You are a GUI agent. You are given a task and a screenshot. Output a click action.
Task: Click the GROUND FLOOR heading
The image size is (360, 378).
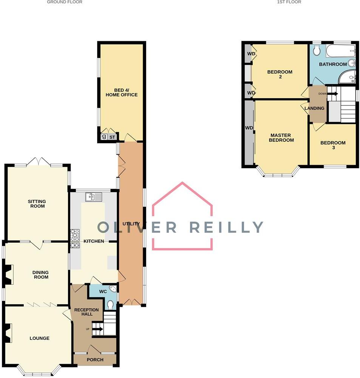click(x=65, y=2)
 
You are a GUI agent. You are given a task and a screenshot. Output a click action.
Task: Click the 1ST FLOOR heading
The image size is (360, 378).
click(x=289, y=2)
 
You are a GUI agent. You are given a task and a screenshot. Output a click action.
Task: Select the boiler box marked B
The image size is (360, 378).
click(x=104, y=137)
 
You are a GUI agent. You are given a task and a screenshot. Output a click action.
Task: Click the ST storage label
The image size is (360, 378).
click(x=112, y=137)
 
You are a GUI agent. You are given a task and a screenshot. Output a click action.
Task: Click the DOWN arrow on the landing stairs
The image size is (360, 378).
click(x=332, y=93)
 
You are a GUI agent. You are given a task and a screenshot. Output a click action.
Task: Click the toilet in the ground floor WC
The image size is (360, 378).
click(x=111, y=304)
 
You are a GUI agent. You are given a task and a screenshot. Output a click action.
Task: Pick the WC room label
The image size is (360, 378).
click(x=103, y=292)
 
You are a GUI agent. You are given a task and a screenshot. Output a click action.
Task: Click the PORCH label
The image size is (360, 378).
click(x=95, y=359)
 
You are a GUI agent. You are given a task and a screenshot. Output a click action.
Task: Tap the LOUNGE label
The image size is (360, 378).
click(x=39, y=338)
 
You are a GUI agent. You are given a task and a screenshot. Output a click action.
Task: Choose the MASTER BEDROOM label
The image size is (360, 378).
click(x=281, y=138)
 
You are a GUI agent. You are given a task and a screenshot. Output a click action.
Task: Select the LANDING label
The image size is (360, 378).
click(x=314, y=108)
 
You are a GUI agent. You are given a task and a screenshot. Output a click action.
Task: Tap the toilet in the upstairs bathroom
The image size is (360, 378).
click(x=317, y=50)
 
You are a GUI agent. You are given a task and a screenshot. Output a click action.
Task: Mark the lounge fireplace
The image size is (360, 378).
click(x=8, y=333)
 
